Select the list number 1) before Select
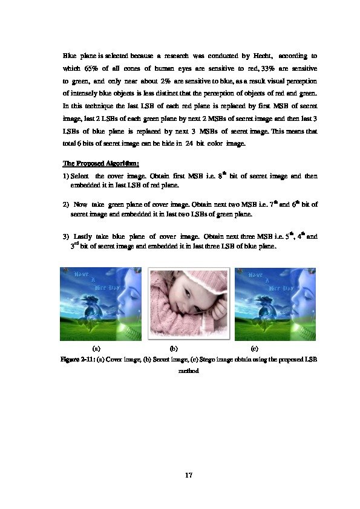coord(66,176)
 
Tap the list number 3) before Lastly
coord(66,236)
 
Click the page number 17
coord(188,475)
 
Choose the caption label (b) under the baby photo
coord(174,348)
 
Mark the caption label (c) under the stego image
coord(254,348)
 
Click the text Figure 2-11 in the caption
coord(77,360)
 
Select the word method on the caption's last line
coord(188,371)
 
